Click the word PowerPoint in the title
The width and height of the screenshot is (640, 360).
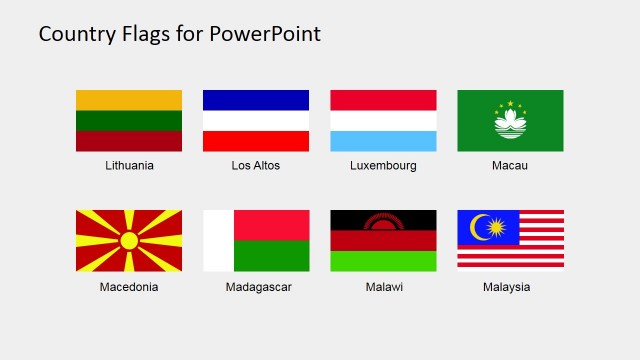[265, 34]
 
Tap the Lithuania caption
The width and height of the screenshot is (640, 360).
[129, 165]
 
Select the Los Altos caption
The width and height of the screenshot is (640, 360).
[256, 165]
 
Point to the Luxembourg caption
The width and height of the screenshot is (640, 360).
[383, 165]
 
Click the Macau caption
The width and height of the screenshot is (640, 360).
[510, 165]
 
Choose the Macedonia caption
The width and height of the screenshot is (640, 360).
[129, 287]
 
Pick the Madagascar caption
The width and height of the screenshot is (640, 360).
[256, 287]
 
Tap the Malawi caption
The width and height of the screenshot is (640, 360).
[383, 287]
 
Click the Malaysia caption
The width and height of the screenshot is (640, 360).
[510, 287]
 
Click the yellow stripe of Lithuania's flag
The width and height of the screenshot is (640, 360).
[129, 100]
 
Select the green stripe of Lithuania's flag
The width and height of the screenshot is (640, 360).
[129, 120]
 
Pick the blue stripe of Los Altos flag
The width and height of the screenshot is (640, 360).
[256, 100]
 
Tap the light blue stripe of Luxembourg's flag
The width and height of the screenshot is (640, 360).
[383, 141]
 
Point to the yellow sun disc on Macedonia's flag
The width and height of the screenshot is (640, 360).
[129, 240]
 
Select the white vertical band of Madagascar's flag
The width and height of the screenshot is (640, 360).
[218, 240]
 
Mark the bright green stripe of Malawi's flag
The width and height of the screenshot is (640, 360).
[383, 261]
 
